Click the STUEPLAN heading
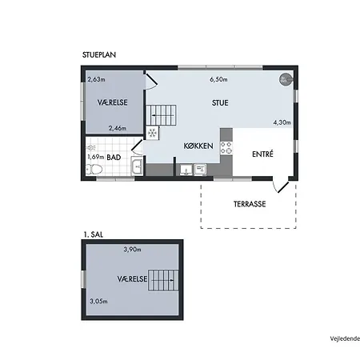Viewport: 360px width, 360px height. click(x=99, y=55)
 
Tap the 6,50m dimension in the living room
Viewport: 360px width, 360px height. click(x=218, y=79)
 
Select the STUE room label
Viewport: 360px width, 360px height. click(x=220, y=103)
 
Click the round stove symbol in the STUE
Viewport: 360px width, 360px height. click(x=286, y=79)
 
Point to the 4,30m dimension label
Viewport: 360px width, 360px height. click(x=282, y=122)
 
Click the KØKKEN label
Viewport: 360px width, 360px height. click(x=198, y=146)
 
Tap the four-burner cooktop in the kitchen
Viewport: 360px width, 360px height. click(x=226, y=148)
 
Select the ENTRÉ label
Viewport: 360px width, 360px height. click(x=262, y=154)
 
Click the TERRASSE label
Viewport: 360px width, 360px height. click(x=250, y=204)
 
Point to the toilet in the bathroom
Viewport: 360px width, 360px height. click(x=94, y=169)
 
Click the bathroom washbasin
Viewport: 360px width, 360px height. click(x=138, y=166)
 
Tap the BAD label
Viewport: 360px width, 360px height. click(x=114, y=158)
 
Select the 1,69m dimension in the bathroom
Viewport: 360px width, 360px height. click(x=96, y=157)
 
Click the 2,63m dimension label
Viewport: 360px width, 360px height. click(x=96, y=79)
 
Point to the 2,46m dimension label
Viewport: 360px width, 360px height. click(x=118, y=128)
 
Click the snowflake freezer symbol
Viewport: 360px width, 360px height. click(x=152, y=133)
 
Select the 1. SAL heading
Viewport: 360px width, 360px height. click(x=94, y=234)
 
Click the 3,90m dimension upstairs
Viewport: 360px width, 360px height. click(x=132, y=250)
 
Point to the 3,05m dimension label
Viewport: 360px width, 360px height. click(x=98, y=302)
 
